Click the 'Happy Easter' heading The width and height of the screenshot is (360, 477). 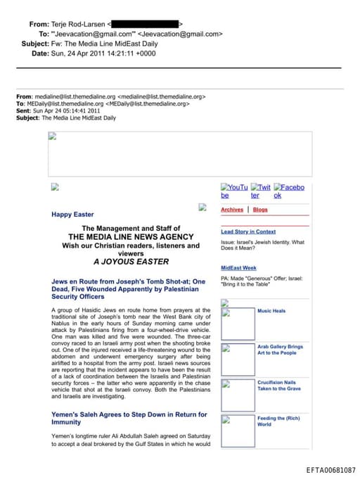coord(72,214)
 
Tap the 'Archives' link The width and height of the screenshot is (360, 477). coord(232,210)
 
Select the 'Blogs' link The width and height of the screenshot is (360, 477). coord(260,210)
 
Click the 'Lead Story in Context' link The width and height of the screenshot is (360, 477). coord(248,231)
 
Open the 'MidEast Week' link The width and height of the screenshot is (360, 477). coord(238,268)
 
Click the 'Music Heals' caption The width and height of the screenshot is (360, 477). coord(271,310)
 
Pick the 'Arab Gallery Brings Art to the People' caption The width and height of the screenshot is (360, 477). coord(280,350)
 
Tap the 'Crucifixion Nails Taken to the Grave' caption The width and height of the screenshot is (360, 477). coord(279,386)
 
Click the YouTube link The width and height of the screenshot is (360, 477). coord(234,191)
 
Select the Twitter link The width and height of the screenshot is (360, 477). coord(261,191)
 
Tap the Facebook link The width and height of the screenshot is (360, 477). coord(289,191)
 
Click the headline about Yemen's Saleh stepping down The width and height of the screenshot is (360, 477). coord(129,418)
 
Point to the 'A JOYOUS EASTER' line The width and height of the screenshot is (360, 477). coord(131,262)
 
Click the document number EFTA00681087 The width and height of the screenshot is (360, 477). coord(331,469)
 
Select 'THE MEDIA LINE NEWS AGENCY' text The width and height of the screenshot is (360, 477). coord(131,237)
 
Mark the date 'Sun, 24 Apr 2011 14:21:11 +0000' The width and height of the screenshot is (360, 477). coord(103,53)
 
